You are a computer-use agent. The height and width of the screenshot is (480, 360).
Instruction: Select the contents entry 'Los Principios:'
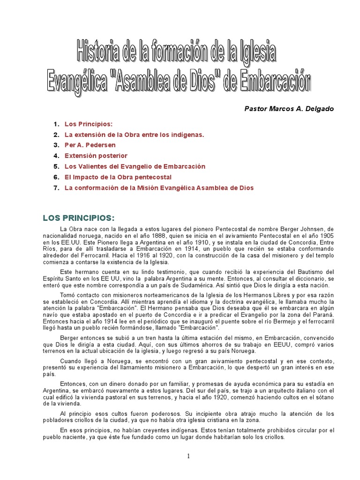click(89, 124)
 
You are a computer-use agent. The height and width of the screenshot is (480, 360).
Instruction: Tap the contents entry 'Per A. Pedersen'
click(90, 145)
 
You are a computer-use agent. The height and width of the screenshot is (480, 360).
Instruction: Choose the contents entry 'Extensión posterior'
click(96, 156)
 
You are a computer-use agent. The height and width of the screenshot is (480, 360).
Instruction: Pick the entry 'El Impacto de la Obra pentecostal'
click(118, 177)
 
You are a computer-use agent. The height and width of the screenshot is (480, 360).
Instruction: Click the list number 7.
click(56, 188)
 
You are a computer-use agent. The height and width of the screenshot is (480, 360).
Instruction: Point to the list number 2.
click(56, 135)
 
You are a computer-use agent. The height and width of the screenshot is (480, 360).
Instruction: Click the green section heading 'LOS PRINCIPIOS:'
click(79, 218)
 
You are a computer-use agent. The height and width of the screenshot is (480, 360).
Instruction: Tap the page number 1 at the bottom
click(188, 443)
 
